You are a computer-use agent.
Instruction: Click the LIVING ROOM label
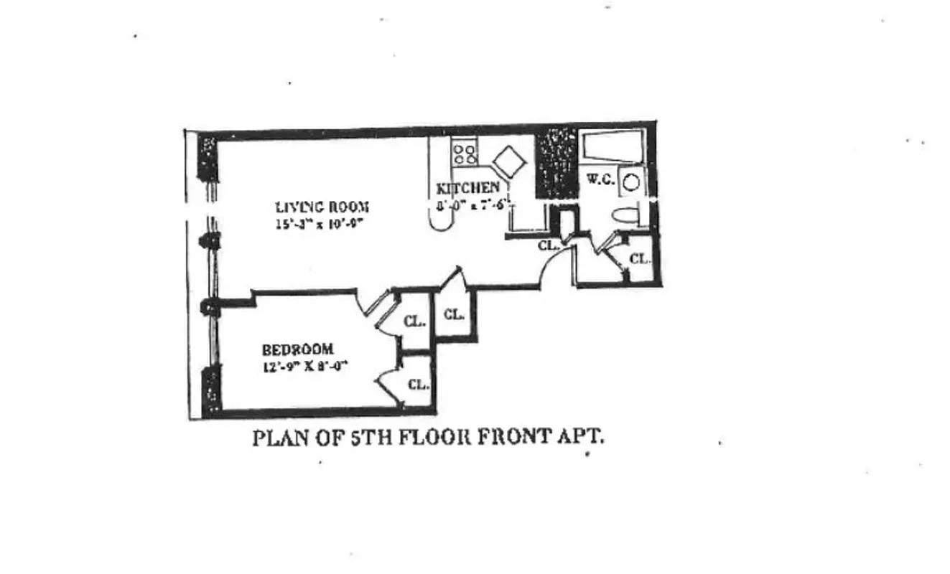(322, 207)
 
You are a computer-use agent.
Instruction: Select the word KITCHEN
(468, 189)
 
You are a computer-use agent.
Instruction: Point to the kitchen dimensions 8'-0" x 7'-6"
(474, 204)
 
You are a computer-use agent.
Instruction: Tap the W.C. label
(600, 179)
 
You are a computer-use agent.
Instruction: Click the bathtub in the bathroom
(613, 149)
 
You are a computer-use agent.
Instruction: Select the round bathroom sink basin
(630, 182)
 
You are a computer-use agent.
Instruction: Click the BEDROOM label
(297, 349)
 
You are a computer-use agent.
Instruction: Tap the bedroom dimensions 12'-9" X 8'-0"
(304, 365)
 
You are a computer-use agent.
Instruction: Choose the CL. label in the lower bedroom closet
(418, 384)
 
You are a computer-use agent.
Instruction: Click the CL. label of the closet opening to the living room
(453, 314)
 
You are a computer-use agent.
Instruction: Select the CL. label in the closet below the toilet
(639, 258)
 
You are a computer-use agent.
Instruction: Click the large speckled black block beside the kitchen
(557, 163)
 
